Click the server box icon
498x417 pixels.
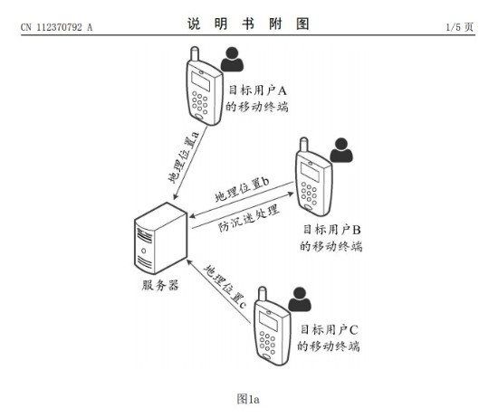tap(160, 238)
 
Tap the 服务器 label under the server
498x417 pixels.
tap(160, 285)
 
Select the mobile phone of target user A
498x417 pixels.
tap(204, 86)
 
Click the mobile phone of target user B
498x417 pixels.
tap(313, 176)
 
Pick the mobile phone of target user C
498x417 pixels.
tap(272, 327)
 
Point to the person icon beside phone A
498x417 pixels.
tap(232, 60)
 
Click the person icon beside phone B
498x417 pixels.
tap(341, 150)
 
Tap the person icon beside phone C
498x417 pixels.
tap(300, 299)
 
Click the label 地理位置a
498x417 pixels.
tap(184, 157)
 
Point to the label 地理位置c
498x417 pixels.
tap(225, 287)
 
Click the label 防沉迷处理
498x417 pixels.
tap(249, 218)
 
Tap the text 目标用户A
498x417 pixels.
tap(257, 90)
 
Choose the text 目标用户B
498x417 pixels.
tap(332, 229)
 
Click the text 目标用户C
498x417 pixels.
tap(330, 329)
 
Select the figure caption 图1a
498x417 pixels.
tap(248, 399)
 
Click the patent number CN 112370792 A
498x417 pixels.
tap(56, 27)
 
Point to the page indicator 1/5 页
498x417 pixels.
tap(460, 27)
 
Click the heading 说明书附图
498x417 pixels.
tap(248, 24)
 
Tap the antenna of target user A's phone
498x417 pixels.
tap(195, 54)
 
